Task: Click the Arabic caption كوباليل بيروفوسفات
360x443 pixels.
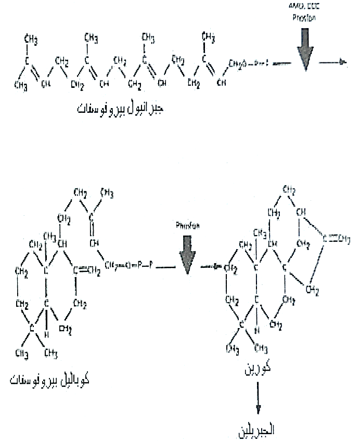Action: point(50,379)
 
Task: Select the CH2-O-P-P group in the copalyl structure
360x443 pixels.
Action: point(128,266)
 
